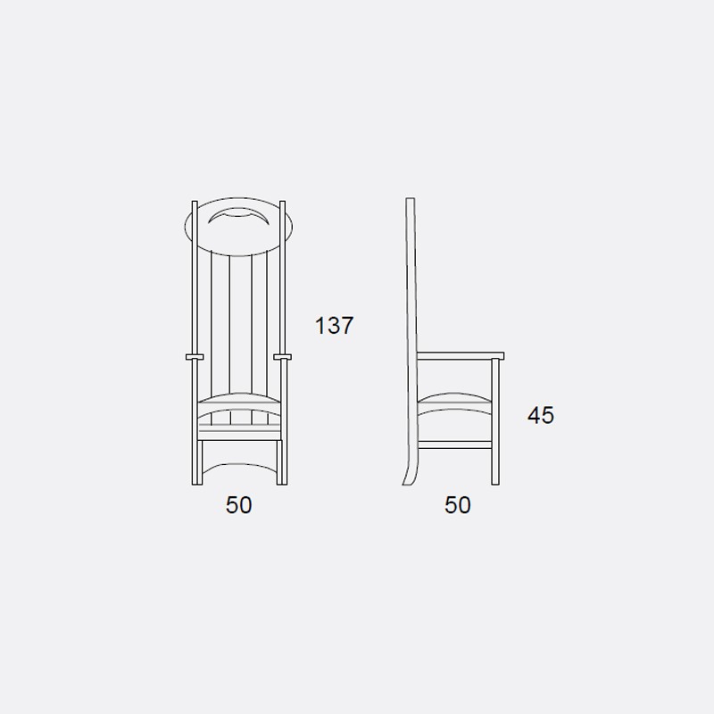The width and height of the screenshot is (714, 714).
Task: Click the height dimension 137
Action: coord(334,326)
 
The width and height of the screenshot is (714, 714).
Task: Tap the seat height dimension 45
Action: coord(541,415)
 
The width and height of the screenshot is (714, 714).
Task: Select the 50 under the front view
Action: coord(238,505)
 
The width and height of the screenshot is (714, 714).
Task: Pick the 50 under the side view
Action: coord(457,505)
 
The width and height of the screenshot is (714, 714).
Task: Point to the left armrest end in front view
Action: coord(195,357)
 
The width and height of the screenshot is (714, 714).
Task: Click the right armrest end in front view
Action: coord(282,357)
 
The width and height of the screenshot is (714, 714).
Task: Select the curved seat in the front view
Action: coord(239,399)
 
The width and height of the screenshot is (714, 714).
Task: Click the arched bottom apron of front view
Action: coord(239,465)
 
